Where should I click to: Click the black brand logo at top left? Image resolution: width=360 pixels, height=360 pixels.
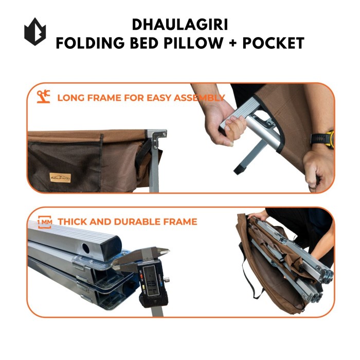35,32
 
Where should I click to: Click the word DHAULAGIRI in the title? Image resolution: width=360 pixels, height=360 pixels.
179,25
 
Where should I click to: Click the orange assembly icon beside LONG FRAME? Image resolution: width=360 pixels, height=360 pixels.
44,97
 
